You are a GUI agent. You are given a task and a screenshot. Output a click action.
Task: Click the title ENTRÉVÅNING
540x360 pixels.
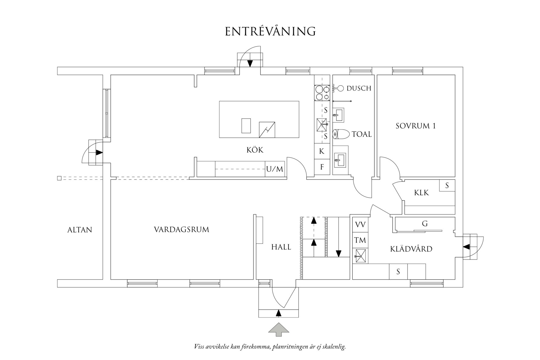[270, 32]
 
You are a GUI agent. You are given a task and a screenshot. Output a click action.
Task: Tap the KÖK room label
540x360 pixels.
[255, 150]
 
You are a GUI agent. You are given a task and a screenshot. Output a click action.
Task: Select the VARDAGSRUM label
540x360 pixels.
[181, 230]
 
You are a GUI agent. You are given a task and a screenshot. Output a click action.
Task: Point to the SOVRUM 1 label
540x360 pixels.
[416, 126]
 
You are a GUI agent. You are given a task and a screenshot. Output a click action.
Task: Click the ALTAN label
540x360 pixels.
[79, 230]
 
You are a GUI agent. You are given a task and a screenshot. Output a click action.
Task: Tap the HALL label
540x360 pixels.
[281, 247]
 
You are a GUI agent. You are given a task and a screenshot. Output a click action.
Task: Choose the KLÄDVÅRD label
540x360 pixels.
[411, 249]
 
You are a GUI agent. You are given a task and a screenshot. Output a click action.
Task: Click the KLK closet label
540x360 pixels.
[421, 193]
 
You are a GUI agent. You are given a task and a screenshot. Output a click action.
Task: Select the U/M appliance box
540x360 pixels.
[275, 169]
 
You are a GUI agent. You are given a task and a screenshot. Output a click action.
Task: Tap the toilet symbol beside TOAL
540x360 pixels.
[339, 134]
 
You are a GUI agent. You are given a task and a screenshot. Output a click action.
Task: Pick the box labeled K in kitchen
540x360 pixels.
[322, 151]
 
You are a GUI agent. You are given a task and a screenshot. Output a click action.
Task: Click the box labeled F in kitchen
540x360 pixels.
[322, 167]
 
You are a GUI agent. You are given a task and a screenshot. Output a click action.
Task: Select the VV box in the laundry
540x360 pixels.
[360, 225]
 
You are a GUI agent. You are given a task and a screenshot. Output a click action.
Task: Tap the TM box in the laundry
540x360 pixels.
[360, 241]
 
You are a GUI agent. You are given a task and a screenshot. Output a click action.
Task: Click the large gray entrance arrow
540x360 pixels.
[278, 329]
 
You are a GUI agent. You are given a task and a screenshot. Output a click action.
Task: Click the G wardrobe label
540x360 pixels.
[425, 224]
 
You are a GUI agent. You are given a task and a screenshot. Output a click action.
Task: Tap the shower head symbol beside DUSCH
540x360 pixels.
[340, 89]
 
